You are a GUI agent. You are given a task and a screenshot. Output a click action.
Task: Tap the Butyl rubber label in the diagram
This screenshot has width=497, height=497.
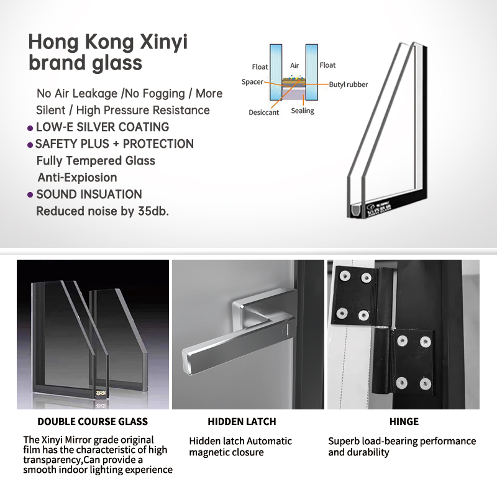[x=348, y=84]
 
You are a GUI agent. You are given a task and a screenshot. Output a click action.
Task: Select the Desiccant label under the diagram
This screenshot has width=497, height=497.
[x=263, y=112]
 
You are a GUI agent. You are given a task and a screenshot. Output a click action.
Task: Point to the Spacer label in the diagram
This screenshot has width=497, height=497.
[x=252, y=82]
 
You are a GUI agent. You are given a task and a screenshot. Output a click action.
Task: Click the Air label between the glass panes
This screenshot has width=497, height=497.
[x=294, y=65]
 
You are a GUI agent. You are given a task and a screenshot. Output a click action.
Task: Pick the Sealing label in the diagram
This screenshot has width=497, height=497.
[x=303, y=111]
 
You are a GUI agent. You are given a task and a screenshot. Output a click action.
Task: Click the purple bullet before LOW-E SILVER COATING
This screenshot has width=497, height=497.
[x=30, y=128]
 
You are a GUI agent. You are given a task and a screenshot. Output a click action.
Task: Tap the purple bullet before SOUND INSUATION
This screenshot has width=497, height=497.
[x=30, y=195]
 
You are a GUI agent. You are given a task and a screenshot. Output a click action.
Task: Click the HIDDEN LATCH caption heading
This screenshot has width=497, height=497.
[x=242, y=421]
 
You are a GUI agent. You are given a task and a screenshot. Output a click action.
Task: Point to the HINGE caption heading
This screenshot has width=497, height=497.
[x=404, y=421]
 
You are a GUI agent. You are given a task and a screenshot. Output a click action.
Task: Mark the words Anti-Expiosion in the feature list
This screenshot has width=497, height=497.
[x=77, y=178]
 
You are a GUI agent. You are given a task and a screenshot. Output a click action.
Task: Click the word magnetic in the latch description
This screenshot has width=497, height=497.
[x=210, y=452]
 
